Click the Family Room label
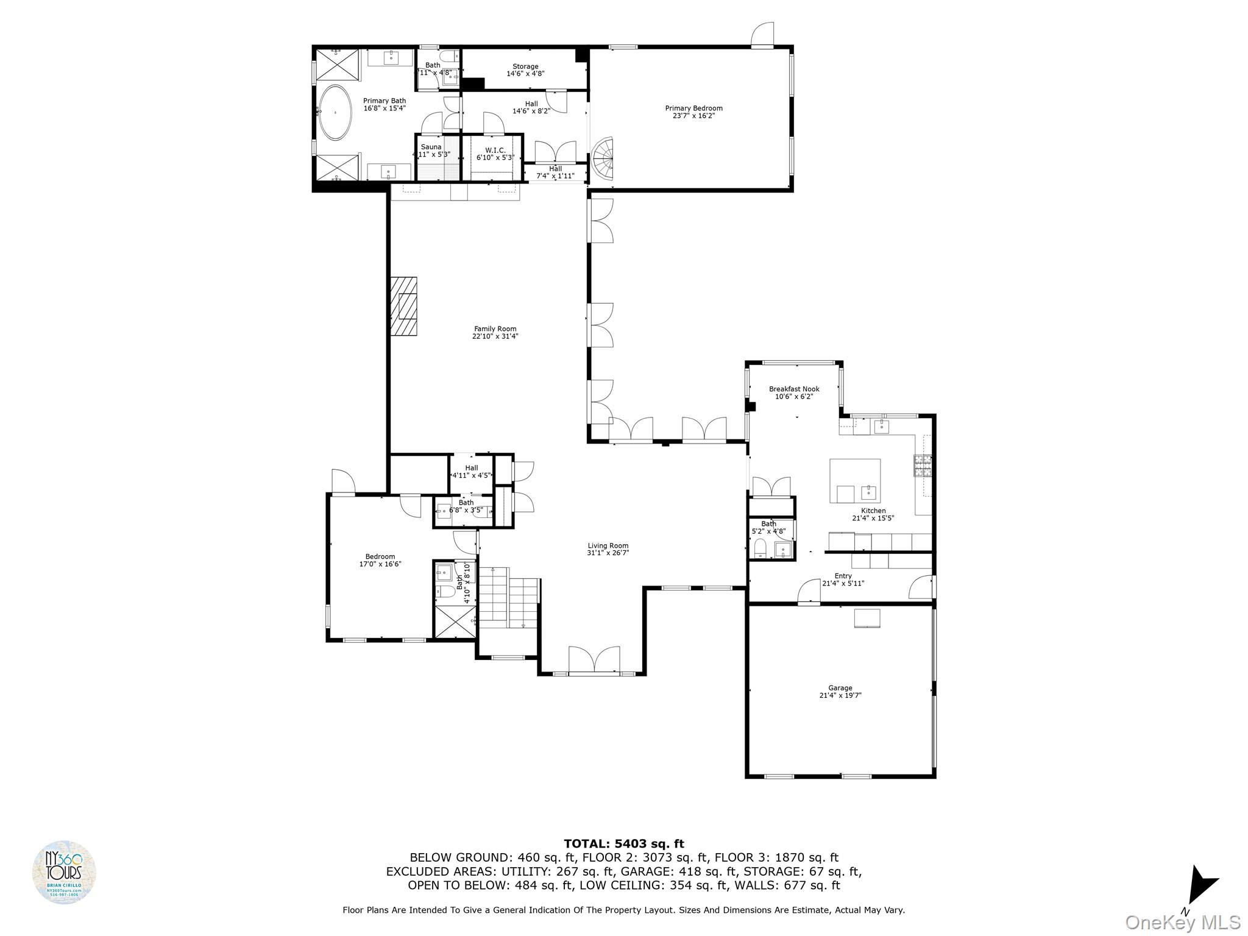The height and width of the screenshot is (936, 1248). pyautogui.click(x=495, y=329)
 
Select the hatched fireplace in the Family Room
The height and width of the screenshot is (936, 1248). pyautogui.click(x=403, y=306)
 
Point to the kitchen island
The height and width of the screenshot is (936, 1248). pyautogui.click(x=854, y=480)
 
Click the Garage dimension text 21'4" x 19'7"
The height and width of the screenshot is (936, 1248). pyautogui.click(x=840, y=695)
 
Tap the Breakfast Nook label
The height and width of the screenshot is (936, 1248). pyautogui.click(x=793, y=389)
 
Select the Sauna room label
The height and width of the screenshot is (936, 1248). pyautogui.click(x=431, y=147)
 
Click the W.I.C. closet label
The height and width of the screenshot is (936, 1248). pyautogui.click(x=495, y=150)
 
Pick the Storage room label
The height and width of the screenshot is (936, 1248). pyautogui.click(x=525, y=66)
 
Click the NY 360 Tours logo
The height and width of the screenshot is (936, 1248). pyautogui.click(x=64, y=873)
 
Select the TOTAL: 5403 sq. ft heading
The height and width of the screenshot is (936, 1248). pyautogui.click(x=623, y=844)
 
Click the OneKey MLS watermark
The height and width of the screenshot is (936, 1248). pyautogui.click(x=1182, y=923)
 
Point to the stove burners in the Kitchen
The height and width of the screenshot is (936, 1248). pyautogui.click(x=923, y=466)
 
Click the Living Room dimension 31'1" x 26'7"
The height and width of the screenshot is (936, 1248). pyautogui.click(x=608, y=553)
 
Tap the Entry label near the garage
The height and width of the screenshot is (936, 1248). pyautogui.click(x=843, y=576)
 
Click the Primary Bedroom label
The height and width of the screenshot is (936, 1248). pyautogui.click(x=693, y=108)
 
